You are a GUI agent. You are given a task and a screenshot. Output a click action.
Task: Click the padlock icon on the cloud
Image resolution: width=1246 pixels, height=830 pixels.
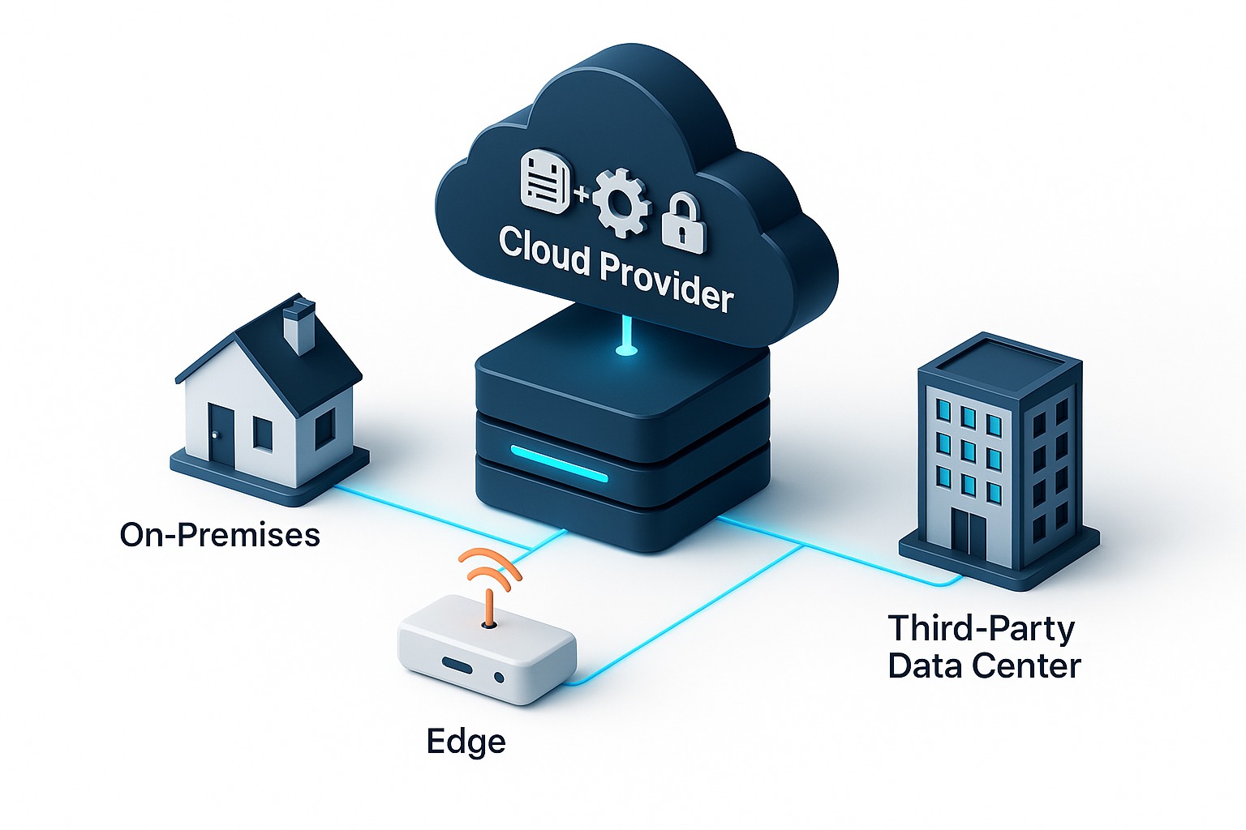(684, 224)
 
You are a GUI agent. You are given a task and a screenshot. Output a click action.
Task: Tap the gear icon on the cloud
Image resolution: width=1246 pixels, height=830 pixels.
(621, 202)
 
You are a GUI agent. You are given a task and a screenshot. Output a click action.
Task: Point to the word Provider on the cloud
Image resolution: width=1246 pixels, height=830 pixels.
(666, 280)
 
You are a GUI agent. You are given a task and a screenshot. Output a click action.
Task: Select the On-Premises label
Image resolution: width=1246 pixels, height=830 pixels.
(220, 535)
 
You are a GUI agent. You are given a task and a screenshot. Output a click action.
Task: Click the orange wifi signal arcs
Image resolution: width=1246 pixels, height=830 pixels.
(490, 568)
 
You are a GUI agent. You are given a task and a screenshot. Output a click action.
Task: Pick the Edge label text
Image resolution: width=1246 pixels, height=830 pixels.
(466, 742)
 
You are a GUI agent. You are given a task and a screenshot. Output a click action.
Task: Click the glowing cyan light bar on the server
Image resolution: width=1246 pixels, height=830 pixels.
(558, 463)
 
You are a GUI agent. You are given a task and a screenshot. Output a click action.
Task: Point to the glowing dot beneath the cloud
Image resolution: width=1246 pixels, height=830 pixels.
(625, 351)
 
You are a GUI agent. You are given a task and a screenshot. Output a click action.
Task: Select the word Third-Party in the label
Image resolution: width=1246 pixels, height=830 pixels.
(981, 628)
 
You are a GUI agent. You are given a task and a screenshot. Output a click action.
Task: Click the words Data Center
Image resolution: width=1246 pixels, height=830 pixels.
(983, 666)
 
